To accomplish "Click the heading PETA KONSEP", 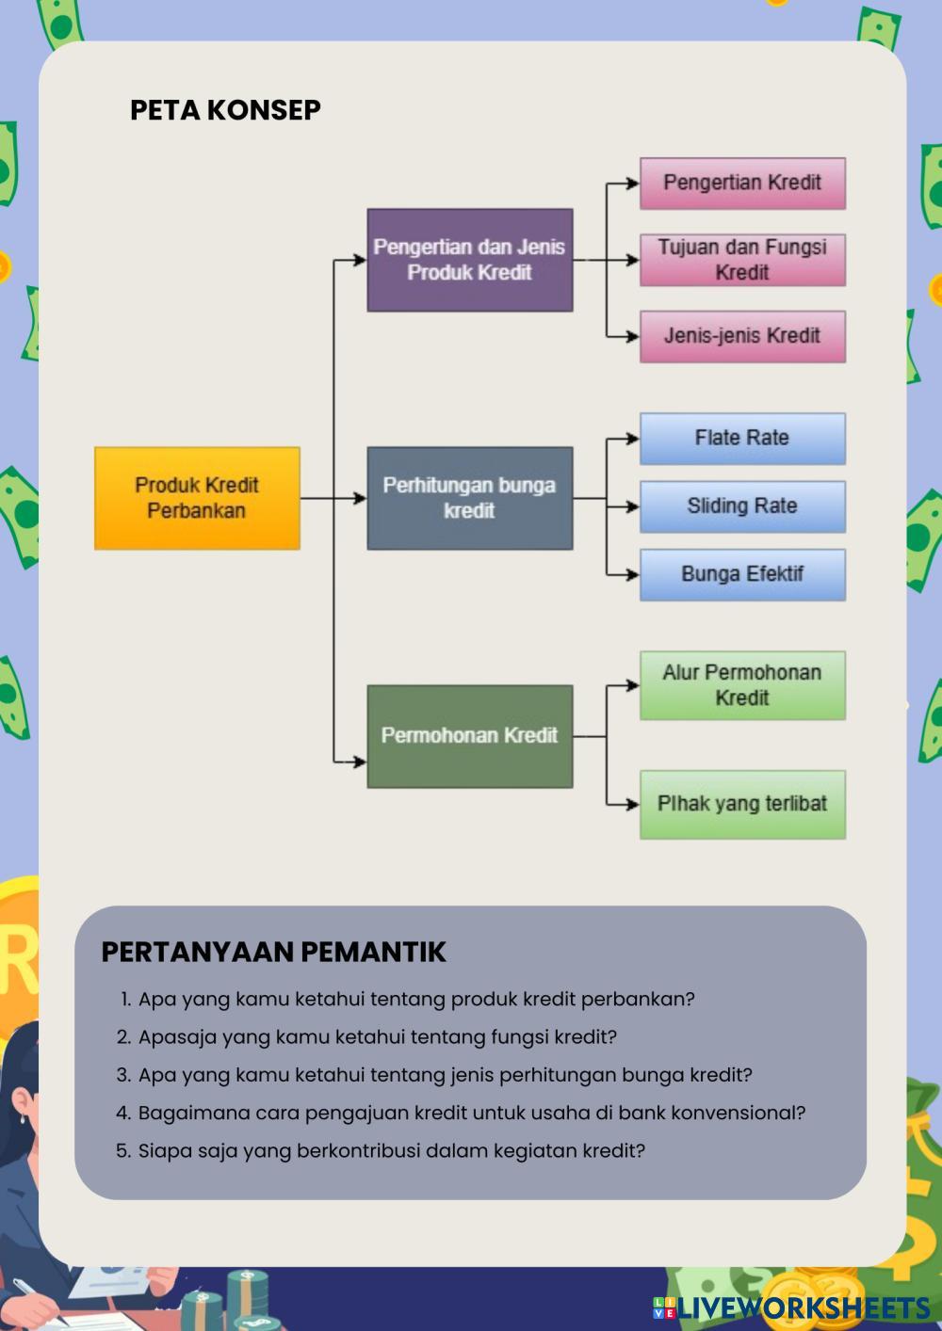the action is pyautogui.click(x=225, y=110).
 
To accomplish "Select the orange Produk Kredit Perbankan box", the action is pyautogui.click(x=197, y=498).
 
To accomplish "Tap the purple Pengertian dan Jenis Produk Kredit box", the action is pyautogui.click(x=469, y=260).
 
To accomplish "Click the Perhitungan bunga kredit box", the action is pyautogui.click(x=469, y=498).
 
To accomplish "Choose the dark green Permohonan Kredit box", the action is pyautogui.click(x=469, y=736).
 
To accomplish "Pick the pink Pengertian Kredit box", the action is pyautogui.click(x=742, y=183).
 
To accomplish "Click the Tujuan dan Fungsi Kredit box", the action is pyautogui.click(x=742, y=260).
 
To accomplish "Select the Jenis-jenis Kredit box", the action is pyautogui.click(x=742, y=336).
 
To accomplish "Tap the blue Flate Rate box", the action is pyautogui.click(x=742, y=438).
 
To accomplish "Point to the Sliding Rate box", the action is pyautogui.click(x=742, y=506).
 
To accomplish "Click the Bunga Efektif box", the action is pyautogui.click(x=742, y=574).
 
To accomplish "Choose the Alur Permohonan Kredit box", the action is pyautogui.click(x=742, y=685).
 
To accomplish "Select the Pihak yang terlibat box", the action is pyautogui.click(x=742, y=804).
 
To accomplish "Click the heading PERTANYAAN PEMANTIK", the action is pyautogui.click(x=273, y=952).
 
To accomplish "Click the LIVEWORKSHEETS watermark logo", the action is pyautogui.click(x=792, y=1307).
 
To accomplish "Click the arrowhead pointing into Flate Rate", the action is pyautogui.click(x=634, y=438).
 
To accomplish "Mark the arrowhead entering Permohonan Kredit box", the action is pyautogui.click(x=361, y=761).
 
